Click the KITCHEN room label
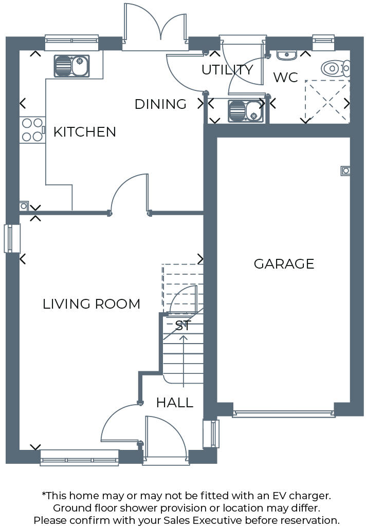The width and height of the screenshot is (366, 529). [x=85, y=132]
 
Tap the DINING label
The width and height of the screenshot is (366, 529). [x=160, y=104]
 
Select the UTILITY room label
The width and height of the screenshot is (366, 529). [x=227, y=70]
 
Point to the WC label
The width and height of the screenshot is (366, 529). [x=285, y=78]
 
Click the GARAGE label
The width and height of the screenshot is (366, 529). [x=284, y=264]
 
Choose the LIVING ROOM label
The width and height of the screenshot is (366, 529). [x=91, y=304]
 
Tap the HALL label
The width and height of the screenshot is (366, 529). [x=175, y=403]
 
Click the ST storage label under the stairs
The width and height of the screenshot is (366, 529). [x=183, y=326]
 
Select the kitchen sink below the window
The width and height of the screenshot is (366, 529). [x=71, y=66]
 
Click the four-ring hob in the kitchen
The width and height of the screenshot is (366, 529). [x=32, y=130]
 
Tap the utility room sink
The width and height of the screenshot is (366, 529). [x=245, y=111]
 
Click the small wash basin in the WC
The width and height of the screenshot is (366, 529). [x=284, y=54]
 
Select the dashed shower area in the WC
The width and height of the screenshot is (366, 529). [x=327, y=102]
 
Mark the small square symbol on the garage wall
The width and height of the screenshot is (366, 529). [x=346, y=171]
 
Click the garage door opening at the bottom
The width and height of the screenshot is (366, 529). [x=284, y=412]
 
